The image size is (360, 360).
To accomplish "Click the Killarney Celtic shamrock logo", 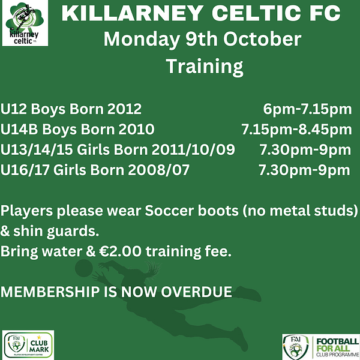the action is [x=25, y=23].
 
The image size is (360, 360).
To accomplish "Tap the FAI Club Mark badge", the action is [x=28, y=344].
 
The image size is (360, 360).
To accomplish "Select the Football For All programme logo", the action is [x=321, y=347].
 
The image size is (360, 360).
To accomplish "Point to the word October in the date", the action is [x=262, y=39].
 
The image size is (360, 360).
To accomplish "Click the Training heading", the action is [x=205, y=67].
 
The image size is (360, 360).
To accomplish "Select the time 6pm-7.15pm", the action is [x=307, y=109].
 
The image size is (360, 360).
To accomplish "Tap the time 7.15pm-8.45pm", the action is [x=296, y=129].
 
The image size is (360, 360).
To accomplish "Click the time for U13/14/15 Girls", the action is [x=305, y=149].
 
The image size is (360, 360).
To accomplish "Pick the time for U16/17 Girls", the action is [x=304, y=170].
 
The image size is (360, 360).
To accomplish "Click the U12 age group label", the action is [x=14, y=109].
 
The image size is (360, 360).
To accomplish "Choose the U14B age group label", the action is [x=19, y=129].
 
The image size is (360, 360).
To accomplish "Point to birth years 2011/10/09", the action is [x=193, y=149].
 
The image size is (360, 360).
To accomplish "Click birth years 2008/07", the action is [x=158, y=170].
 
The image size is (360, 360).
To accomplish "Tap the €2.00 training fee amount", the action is [x=120, y=251].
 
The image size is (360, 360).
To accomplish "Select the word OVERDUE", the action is [x=196, y=292].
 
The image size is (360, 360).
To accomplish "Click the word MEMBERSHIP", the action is [x=50, y=292].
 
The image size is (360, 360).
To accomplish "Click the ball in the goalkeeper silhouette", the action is [x=84, y=268].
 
